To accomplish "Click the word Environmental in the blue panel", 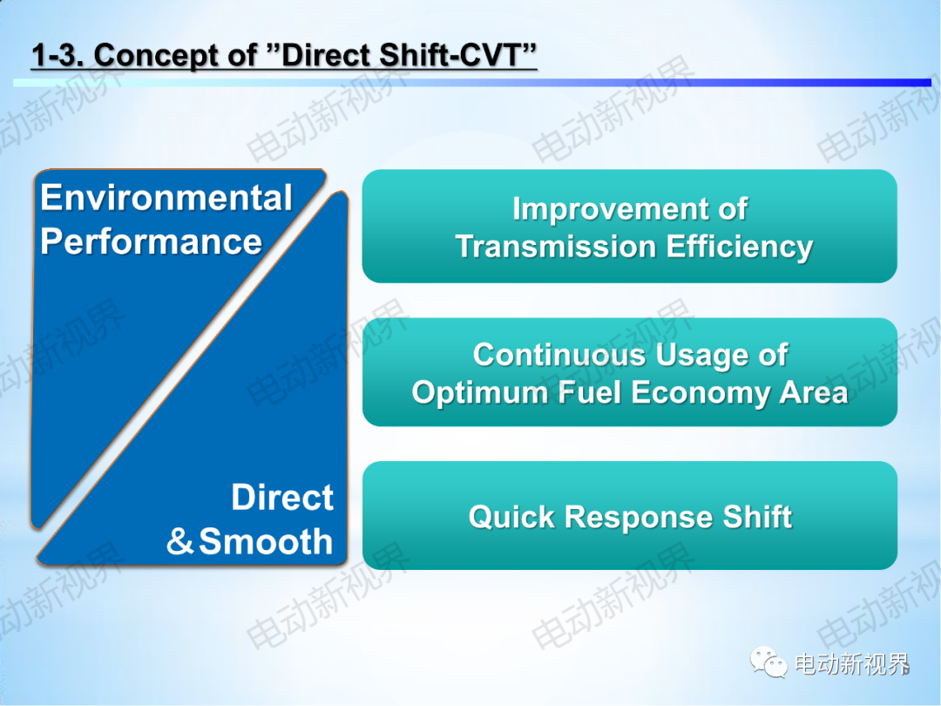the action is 166,198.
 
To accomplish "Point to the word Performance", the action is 152,242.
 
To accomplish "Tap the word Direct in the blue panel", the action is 282,497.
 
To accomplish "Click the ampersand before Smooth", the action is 179,541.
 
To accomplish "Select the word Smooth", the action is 266,541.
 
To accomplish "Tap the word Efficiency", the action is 740,248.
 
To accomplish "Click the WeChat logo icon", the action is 768,662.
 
